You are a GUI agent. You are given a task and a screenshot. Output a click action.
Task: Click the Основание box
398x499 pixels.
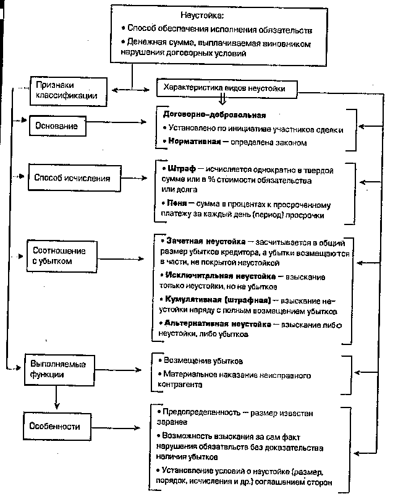(x=57, y=126)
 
